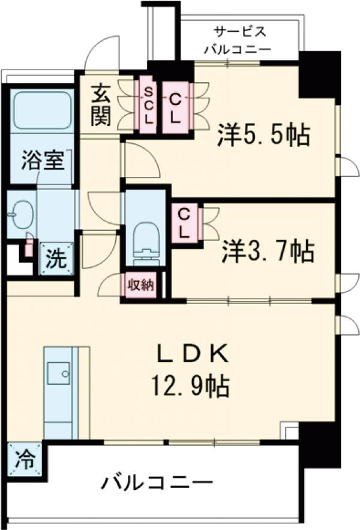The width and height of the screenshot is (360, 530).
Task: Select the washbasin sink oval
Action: pyautogui.click(x=22, y=213)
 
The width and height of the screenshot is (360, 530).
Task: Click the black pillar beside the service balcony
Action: pyautogui.click(x=319, y=74)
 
